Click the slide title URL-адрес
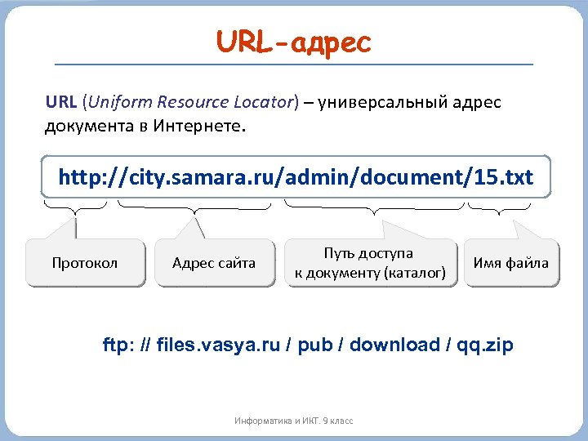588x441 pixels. click(x=293, y=42)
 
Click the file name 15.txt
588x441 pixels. click(x=504, y=177)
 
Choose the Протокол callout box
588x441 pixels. click(x=85, y=263)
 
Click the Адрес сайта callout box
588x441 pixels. click(x=214, y=263)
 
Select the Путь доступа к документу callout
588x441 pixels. click(x=370, y=263)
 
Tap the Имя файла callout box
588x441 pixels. click(x=511, y=263)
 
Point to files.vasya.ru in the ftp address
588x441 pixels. click(x=216, y=345)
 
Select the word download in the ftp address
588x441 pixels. click(x=394, y=345)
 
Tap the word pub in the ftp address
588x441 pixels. click(x=315, y=345)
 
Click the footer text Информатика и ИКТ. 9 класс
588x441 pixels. click(x=293, y=421)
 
